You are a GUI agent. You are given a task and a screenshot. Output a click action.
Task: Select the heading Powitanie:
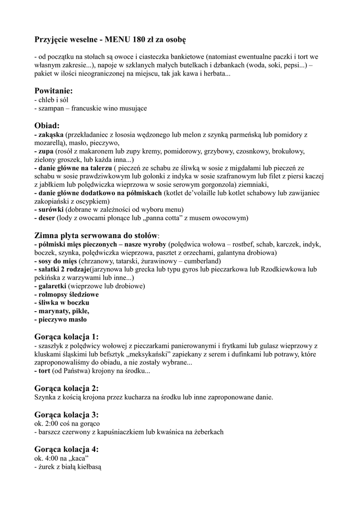point(54,91)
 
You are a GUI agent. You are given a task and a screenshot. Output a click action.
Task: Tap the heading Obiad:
point(47,125)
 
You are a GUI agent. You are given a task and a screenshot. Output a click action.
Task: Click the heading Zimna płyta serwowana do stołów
point(96,235)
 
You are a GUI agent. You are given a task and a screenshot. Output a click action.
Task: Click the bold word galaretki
point(54,286)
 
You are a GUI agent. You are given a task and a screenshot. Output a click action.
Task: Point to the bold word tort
point(45,371)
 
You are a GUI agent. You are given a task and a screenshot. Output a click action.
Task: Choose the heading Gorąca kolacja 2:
point(67,388)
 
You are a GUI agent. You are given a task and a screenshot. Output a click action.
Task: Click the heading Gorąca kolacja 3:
point(67,414)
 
